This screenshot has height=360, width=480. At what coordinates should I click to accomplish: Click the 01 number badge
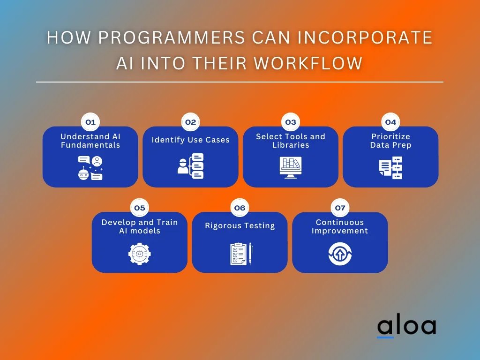pos(90,122)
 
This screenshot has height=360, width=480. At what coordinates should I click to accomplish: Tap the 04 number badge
pos(390,122)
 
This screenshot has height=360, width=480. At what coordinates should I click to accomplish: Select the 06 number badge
pos(240,208)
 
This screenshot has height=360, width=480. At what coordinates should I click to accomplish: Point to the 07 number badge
pos(340,208)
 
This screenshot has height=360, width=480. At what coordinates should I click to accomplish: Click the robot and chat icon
pos(90,168)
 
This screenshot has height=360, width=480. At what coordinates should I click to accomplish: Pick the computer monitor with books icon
pos(291,168)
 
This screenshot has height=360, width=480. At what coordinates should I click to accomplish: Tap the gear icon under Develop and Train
pos(140,254)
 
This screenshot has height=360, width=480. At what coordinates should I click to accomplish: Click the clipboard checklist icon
pos(241,254)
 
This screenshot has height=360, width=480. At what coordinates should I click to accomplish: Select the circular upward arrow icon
pos(340,254)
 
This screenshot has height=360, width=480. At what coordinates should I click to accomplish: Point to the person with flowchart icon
pos(190,166)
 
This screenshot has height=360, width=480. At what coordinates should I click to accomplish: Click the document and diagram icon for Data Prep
pos(390,168)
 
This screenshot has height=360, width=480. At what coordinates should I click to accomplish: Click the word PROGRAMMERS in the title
pos(172,37)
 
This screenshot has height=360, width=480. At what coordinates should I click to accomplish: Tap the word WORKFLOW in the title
pos(308,63)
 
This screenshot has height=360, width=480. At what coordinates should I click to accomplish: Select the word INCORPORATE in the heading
pos(365,37)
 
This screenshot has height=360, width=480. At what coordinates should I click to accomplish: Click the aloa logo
pos(406,326)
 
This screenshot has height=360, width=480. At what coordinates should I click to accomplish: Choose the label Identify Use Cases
pos(190,140)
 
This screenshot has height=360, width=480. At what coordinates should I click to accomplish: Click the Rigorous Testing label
pos(240,225)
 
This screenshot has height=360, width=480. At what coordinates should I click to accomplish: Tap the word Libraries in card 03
pos(291,145)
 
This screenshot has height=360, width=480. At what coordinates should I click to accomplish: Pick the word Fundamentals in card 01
pos(90,145)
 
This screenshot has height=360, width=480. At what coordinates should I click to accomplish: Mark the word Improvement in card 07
pos(340,231)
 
